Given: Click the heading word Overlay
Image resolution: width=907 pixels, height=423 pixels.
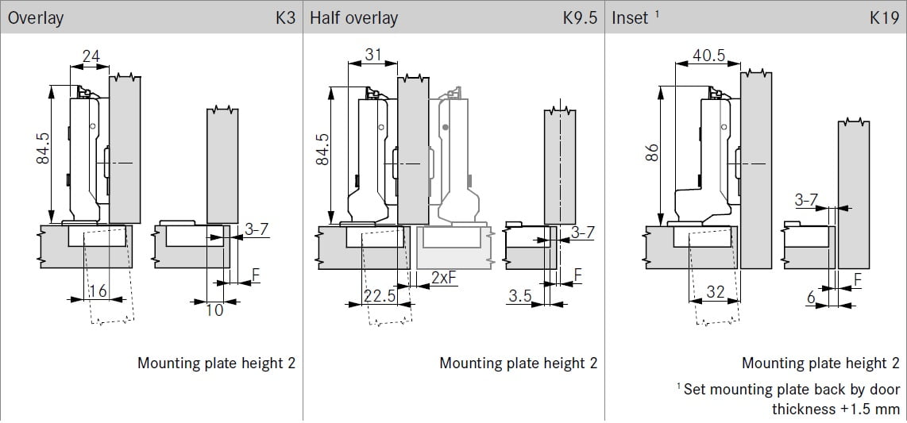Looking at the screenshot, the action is click(35, 18).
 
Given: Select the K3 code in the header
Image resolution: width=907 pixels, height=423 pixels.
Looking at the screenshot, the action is click(285, 17).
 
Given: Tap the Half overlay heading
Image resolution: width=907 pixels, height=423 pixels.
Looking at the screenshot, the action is click(353, 18).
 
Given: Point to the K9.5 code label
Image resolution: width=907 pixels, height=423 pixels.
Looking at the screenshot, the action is click(579, 17).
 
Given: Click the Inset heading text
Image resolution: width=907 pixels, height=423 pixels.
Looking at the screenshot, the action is click(630, 18).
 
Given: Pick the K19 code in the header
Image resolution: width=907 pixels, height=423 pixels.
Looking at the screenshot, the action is click(883, 17).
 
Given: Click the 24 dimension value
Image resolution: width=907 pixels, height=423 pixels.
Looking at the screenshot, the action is click(91, 56).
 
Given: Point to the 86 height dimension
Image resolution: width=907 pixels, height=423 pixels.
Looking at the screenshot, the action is click(651, 153).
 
